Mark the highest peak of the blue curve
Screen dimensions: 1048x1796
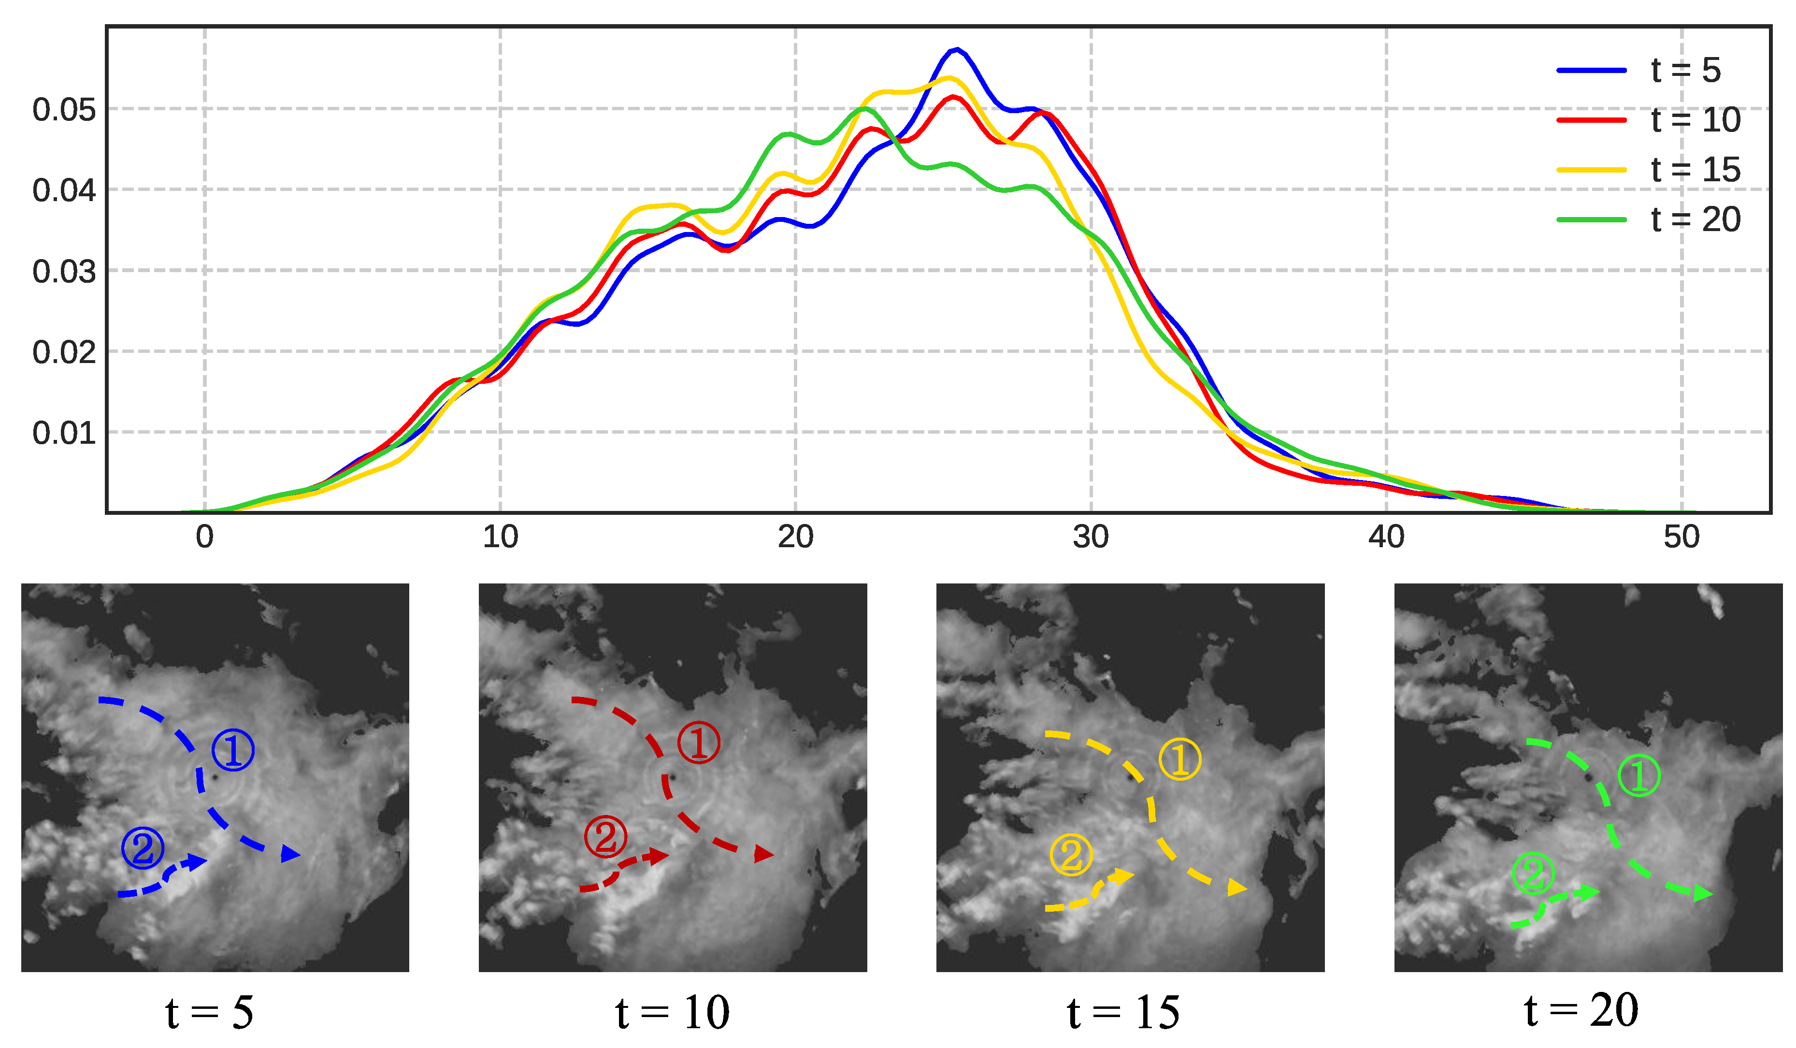[x=956, y=49]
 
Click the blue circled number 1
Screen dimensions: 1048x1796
[x=233, y=750]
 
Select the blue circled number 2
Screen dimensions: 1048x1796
[x=143, y=848]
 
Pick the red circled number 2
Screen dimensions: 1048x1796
[x=605, y=837]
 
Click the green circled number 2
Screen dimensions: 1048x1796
[x=1533, y=874]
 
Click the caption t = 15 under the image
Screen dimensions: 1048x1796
[x=1123, y=1012]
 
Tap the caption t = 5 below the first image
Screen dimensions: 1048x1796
[x=209, y=1012]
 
